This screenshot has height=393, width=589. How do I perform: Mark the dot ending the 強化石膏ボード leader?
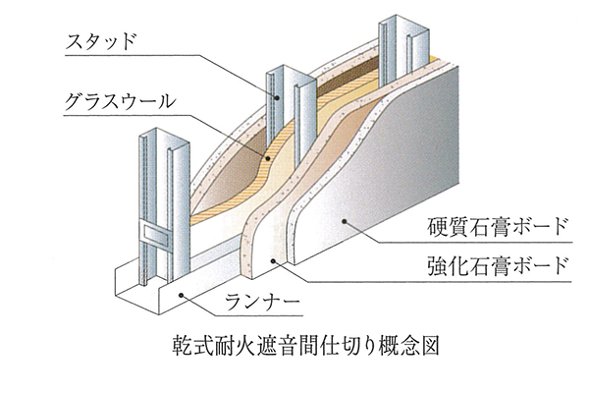click(274, 259)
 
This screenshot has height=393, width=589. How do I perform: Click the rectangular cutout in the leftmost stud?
click(153, 235)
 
